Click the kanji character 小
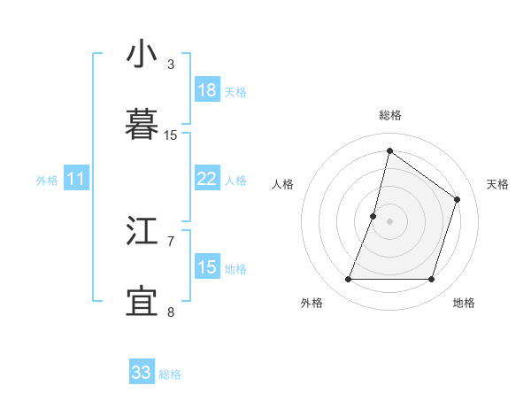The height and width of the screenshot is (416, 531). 142,56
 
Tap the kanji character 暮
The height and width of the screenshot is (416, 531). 142,124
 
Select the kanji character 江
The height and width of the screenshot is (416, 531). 142,233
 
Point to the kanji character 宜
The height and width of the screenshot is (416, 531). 142,300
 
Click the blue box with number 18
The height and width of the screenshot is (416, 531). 207,89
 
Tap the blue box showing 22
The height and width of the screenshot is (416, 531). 207,179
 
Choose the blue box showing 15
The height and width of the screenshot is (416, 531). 207,267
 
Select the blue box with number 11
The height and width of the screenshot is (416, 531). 75,179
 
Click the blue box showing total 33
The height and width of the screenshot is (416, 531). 142,373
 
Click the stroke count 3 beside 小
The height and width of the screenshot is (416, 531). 171,65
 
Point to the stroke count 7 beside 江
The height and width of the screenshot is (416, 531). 171,241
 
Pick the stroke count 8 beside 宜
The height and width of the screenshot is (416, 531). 171,311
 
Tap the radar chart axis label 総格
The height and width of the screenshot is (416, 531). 390,115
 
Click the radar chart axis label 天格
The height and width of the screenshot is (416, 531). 497,184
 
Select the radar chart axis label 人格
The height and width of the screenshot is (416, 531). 283,184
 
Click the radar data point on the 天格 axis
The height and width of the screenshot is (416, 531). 458,199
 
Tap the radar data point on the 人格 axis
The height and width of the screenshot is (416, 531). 373,216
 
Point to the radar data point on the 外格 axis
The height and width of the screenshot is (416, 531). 348,280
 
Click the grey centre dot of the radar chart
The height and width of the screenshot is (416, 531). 389,221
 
